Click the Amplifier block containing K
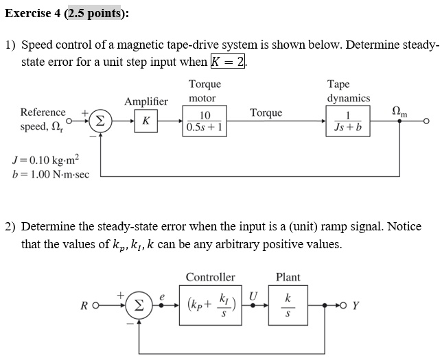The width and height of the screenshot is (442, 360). coord(146,121)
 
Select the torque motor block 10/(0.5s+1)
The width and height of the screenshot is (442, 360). coord(205,121)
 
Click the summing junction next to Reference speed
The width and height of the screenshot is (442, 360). coord(100,121)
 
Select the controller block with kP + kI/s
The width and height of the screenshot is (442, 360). coord(210,304)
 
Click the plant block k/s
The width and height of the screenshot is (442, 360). coord(288,304)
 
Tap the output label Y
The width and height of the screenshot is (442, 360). coord(355,306)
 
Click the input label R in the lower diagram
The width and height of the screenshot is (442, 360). coord(84,306)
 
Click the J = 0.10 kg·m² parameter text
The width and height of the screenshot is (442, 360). coord(46,160)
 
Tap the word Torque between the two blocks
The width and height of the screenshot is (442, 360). coord(266,112)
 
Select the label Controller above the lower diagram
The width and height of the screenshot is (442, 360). coord(210,277)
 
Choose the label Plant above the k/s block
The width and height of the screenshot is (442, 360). coord(288,277)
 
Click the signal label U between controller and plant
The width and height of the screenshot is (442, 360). coord(253,295)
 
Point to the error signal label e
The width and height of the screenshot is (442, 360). coord(163,296)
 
